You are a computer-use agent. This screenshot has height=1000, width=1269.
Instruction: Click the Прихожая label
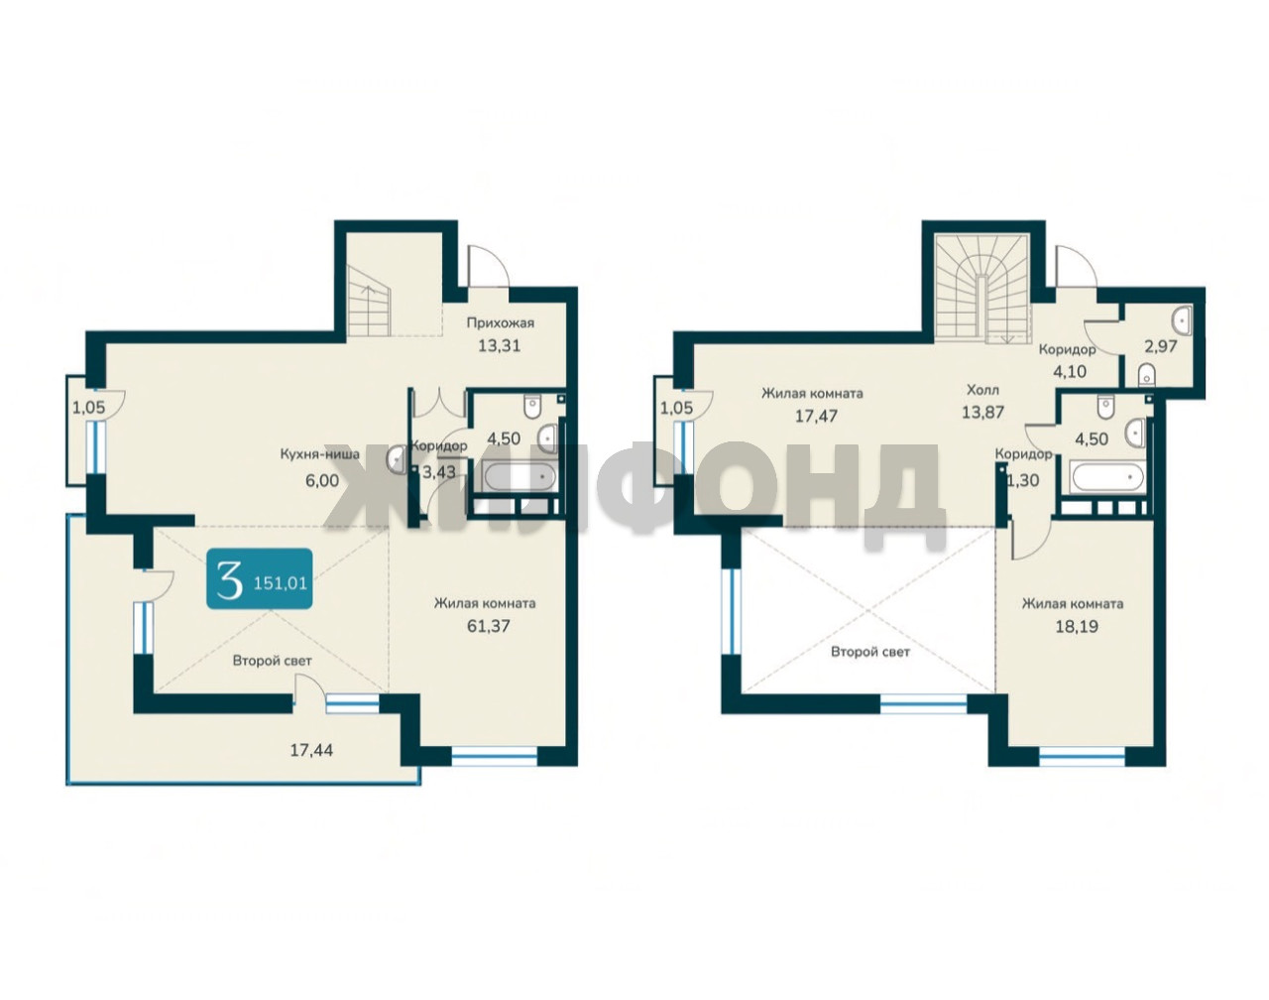coord(500,322)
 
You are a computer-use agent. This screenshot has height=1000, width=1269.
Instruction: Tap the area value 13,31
coord(499,346)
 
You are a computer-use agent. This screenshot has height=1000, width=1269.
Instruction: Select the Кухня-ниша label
coord(319,454)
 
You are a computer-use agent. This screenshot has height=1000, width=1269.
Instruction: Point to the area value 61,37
coord(488,626)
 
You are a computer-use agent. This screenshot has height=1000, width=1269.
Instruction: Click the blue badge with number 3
coord(259,578)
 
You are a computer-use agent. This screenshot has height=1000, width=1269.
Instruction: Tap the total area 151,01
coord(281,583)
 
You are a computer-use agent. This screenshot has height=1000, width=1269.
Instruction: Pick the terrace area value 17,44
coord(311,750)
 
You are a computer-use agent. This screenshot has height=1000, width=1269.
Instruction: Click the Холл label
coord(982,390)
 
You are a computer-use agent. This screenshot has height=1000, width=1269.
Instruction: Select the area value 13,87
coord(982,412)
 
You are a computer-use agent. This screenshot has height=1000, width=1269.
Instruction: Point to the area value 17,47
coord(816,416)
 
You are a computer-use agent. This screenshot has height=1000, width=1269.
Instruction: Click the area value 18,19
coord(1077,626)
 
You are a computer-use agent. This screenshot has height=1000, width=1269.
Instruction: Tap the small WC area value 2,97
coord(1161,346)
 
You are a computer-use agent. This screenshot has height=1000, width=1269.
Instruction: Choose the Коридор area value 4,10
coord(1069,372)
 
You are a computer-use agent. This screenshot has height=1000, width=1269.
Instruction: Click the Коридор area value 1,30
coord(1023,480)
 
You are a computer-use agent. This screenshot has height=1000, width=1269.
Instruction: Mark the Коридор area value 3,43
coord(439,472)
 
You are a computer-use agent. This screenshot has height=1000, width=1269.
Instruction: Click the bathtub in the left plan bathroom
coord(519,477)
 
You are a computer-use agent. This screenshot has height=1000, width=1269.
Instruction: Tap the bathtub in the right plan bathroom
coord(1106,477)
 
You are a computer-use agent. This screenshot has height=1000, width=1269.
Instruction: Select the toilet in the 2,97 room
coord(1146,374)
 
